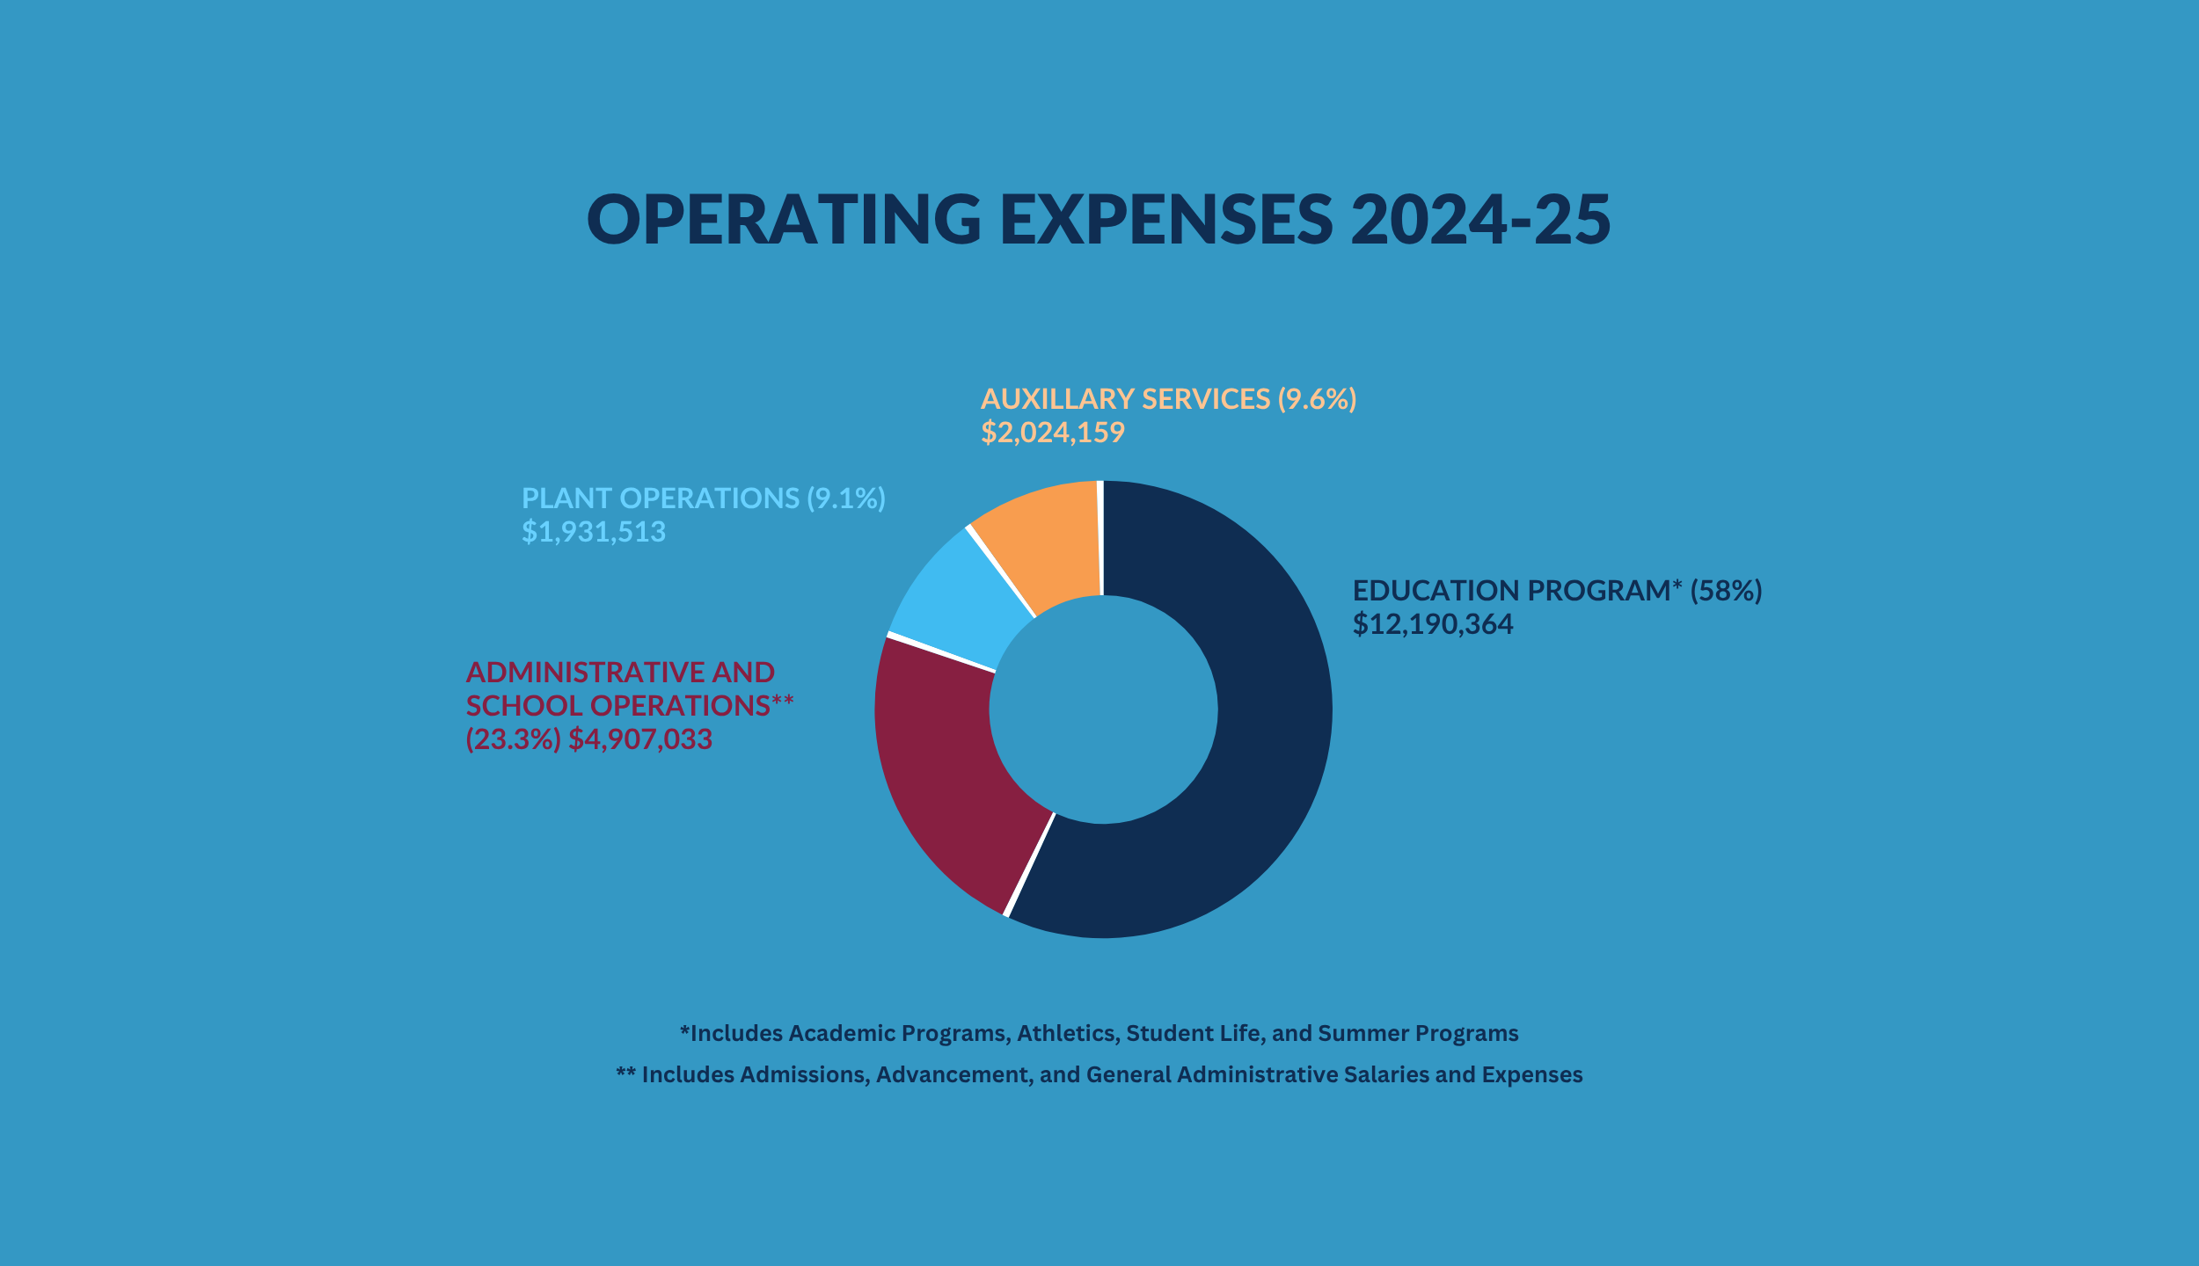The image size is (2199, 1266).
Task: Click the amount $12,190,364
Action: (x=1433, y=624)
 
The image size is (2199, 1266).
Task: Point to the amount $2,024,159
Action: (x=1053, y=433)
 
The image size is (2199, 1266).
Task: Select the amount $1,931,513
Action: (x=594, y=532)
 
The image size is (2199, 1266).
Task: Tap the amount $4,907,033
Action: (x=640, y=739)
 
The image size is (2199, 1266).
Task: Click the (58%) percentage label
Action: (x=1726, y=591)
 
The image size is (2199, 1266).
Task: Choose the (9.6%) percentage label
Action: (x=1317, y=399)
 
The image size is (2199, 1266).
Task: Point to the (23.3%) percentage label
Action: (x=513, y=739)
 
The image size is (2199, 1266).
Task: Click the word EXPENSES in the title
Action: (x=1166, y=219)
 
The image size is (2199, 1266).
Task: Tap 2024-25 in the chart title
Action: (x=1480, y=219)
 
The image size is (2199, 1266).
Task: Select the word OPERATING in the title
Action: (x=784, y=219)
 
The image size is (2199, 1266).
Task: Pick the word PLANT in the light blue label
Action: (x=566, y=498)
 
